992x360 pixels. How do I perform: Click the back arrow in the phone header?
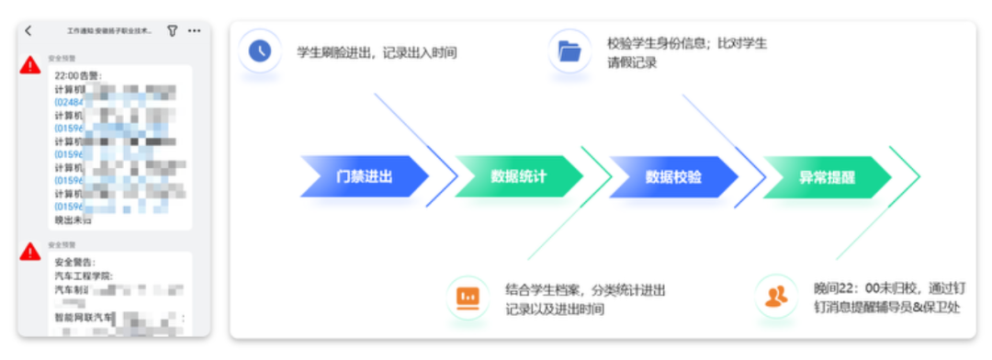coord(28,30)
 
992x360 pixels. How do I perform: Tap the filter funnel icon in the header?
coord(172,30)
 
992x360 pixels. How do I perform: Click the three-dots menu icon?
coord(194,30)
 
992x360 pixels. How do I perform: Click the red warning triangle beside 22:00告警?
coord(31,64)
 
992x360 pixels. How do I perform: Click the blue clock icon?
coord(261,51)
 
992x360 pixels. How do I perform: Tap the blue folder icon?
coord(569,51)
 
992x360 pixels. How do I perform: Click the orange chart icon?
coord(468,297)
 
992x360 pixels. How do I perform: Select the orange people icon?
coord(776,297)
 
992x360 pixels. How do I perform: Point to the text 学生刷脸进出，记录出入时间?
coord(377,52)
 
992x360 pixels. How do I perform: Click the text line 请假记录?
coord(632,63)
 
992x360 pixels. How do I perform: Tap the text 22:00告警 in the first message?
coord(79,75)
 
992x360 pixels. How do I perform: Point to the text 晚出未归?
coord(73,220)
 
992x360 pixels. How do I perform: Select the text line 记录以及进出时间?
coord(555,309)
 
